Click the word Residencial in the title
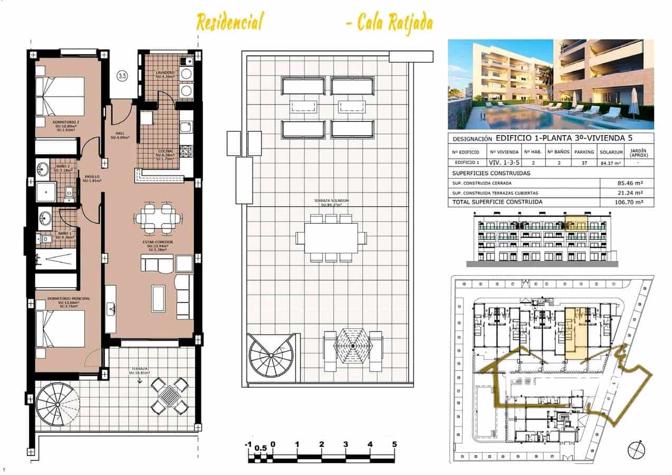tap(229, 22)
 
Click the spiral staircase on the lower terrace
tap(58, 404)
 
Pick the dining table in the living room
tap(157, 218)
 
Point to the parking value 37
tap(584, 163)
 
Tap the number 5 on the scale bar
tap(394, 444)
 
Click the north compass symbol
tap(636, 450)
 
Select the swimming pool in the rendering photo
tap(528, 117)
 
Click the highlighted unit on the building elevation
tap(576, 223)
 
